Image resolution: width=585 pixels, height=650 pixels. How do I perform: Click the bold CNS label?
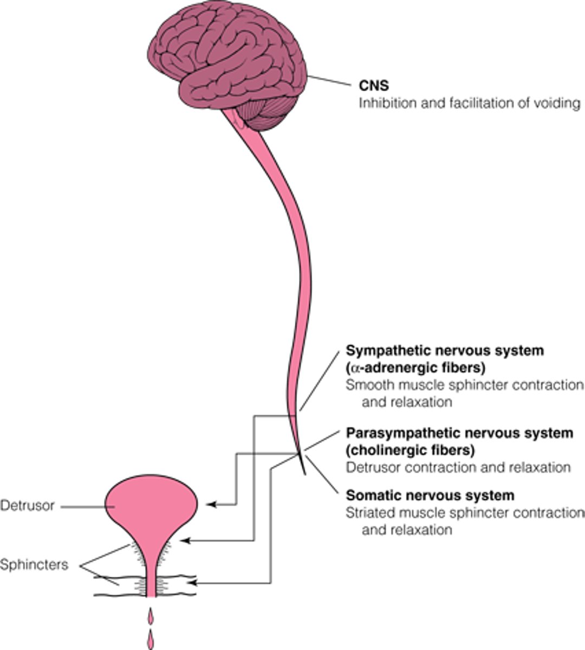[x=374, y=85]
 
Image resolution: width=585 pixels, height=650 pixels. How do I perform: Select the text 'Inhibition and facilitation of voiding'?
[x=469, y=103]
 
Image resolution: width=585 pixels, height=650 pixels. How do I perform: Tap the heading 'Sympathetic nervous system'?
[x=444, y=350]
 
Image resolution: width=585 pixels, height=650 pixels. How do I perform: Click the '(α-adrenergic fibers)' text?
[x=415, y=368]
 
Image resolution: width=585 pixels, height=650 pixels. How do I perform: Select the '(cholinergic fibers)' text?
[x=410, y=450]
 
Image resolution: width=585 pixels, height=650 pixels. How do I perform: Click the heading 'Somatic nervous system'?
[x=430, y=495]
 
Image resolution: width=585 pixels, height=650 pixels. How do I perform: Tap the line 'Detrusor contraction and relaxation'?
[x=458, y=467]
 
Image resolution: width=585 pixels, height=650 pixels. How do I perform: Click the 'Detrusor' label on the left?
[x=28, y=506]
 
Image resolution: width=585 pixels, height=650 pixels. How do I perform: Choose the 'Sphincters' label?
[x=34, y=565]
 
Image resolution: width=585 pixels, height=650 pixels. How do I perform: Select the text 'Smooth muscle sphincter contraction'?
[x=465, y=385]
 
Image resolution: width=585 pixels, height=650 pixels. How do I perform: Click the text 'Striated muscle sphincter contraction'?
[x=465, y=512]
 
